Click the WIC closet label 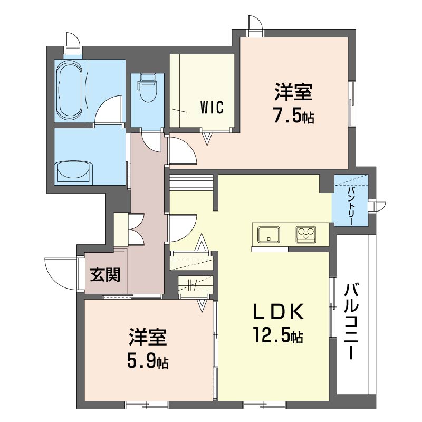pos(212,107)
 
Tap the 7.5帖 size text pos(293,117)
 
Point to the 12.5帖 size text pos(277,336)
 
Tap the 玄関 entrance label pos(105,274)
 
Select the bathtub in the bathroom pos(70,90)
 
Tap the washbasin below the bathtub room pos(74,171)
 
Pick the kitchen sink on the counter pos(269,234)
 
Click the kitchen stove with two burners pos(305,234)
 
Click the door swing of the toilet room pos(152,141)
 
